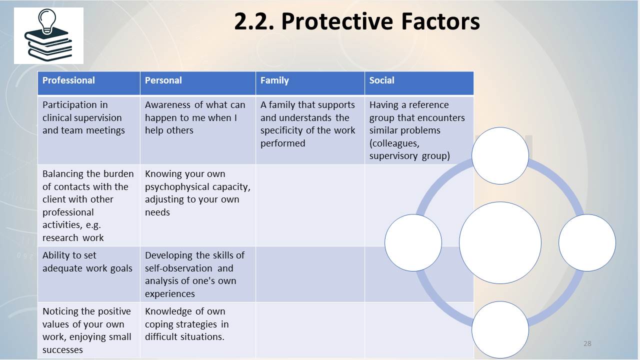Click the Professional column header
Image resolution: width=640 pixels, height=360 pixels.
coord(68,80)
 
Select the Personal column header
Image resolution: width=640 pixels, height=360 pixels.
coord(163,80)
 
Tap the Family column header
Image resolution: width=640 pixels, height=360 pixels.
coord(274,80)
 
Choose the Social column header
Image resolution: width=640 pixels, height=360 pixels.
coord(381,80)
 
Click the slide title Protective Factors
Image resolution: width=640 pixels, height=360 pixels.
coord(357,21)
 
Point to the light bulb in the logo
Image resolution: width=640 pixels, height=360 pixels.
coord(47,20)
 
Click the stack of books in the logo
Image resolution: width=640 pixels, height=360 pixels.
coord(48,45)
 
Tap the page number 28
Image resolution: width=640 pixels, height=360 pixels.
coord(587,343)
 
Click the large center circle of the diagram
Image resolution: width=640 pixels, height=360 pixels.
coord(500,242)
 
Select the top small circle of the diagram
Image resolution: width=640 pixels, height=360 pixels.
coord(500,155)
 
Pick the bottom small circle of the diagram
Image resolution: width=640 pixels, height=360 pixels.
coord(500,329)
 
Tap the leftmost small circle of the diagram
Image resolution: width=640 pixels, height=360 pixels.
coord(413,242)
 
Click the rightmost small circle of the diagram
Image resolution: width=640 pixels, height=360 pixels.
coord(587,242)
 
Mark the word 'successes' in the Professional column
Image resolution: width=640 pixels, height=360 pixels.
coord(62,349)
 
